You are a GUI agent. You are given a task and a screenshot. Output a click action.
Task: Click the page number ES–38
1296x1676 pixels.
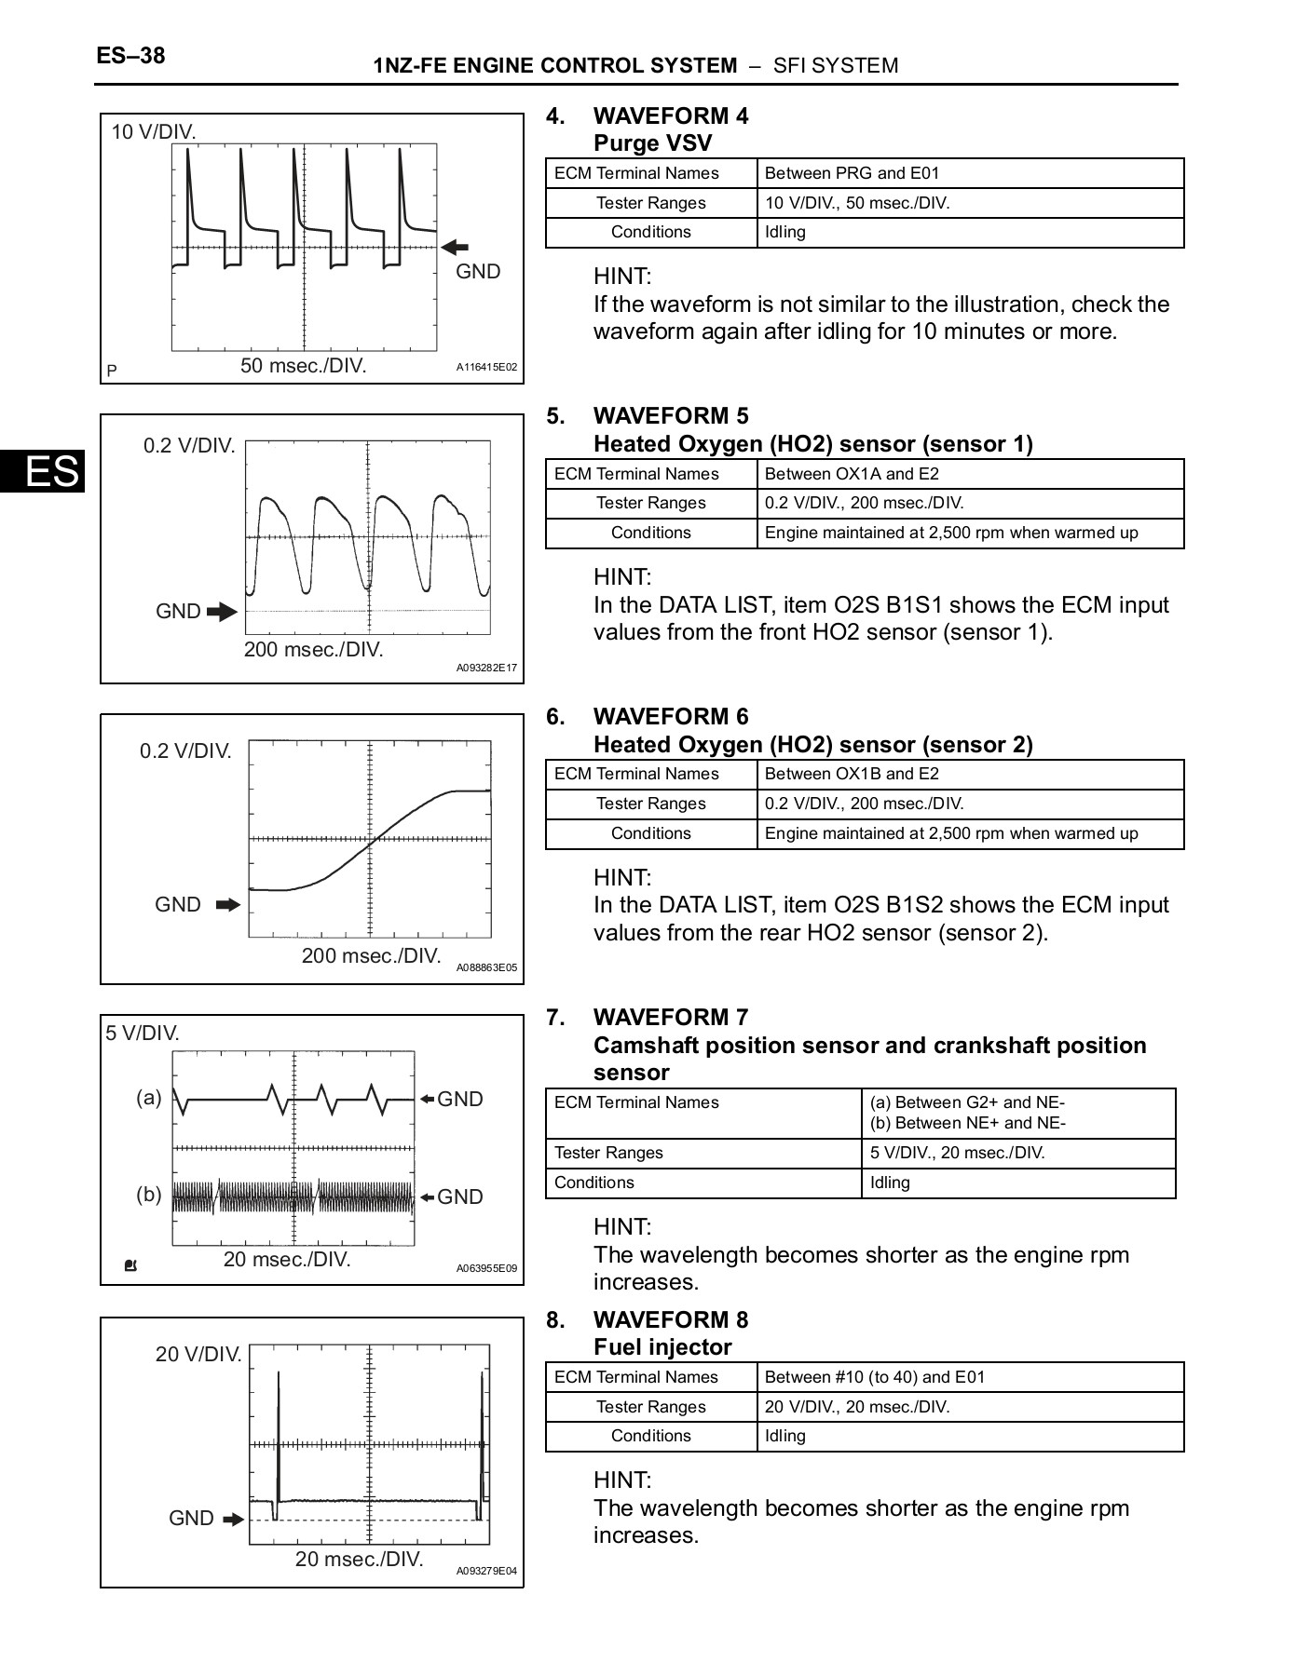(x=130, y=56)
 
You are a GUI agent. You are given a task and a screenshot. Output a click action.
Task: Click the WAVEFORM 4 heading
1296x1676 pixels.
(x=670, y=116)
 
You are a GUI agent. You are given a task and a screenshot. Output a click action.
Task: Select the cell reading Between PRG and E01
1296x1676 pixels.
(x=852, y=173)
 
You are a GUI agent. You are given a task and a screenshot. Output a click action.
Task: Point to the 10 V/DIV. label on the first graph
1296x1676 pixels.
(x=154, y=132)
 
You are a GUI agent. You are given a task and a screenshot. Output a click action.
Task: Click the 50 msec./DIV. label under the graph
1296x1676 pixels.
(x=304, y=366)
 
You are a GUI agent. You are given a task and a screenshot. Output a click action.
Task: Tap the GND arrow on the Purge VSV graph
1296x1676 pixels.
(x=455, y=247)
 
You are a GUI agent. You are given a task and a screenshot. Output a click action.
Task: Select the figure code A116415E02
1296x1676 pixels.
(x=485, y=368)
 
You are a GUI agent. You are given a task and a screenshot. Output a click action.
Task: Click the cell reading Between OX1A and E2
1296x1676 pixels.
(x=852, y=474)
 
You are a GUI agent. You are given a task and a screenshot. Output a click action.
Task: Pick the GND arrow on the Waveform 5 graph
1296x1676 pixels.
(x=222, y=612)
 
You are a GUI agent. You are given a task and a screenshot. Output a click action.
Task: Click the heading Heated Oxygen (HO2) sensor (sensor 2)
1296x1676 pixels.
(x=812, y=745)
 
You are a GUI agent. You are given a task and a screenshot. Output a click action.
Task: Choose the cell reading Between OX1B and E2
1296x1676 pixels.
(x=852, y=774)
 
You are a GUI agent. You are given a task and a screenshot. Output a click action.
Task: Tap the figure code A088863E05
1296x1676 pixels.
(x=485, y=968)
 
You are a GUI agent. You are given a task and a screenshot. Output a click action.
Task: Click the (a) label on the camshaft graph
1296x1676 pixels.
(x=149, y=1097)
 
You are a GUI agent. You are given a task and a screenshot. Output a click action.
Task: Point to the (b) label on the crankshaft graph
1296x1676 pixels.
(x=149, y=1195)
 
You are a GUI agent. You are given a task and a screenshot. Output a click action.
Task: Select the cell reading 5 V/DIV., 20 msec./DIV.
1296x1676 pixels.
(x=957, y=1154)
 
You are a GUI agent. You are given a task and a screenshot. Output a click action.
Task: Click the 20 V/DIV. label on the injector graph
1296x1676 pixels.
(x=198, y=1354)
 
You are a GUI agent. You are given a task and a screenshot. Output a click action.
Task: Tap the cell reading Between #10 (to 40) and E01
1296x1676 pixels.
(x=874, y=1377)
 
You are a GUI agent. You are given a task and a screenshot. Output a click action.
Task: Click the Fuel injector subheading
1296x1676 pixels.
(x=662, y=1347)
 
